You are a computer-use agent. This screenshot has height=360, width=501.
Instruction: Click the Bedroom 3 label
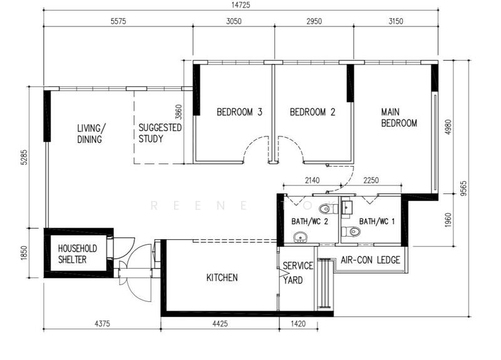[x=239, y=113]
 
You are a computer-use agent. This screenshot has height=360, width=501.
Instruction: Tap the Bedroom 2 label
[x=312, y=113]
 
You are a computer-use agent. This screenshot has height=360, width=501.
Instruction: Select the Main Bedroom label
[x=399, y=118]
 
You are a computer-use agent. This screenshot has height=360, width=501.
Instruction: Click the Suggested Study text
[x=160, y=133]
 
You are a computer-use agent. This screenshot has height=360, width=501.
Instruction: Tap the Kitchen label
[x=222, y=277]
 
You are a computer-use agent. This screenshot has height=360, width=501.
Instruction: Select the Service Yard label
[x=297, y=273]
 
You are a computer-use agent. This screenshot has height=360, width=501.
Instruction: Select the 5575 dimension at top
[x=118, y=21]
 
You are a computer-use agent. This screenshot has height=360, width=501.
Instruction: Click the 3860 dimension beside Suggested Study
[x=178, y=111]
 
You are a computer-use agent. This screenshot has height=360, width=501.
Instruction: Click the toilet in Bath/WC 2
[x=324, y=208]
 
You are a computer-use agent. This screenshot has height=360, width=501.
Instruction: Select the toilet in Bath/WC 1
[x=354, y=232]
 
